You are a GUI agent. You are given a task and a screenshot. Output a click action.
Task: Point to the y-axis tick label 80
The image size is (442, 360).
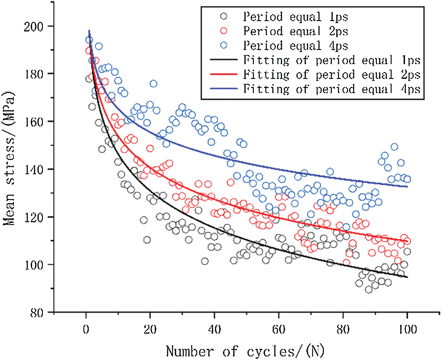[x=41, y=313]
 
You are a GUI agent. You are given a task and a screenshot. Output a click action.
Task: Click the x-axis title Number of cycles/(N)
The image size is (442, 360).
[x=246, y=351]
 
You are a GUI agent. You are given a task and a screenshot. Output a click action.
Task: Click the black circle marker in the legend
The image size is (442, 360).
[x=224, y=17]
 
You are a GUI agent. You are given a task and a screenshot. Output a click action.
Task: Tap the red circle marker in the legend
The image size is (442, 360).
[x=224, y=31]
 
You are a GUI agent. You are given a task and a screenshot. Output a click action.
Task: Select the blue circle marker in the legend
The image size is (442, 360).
[x=224, y=45]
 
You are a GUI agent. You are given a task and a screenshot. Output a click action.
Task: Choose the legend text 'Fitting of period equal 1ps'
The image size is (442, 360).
[x=331, y=60]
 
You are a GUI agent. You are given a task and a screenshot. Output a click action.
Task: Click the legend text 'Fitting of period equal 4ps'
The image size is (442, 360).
[x=331, y=89]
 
